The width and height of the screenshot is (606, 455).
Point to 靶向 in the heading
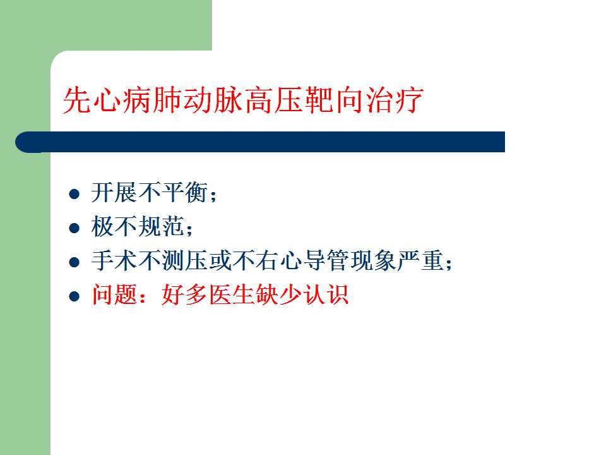tap(333, 100)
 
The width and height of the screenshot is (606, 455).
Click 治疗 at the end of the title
tap(393, 100)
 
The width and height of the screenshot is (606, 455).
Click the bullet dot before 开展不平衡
tap(74, 193)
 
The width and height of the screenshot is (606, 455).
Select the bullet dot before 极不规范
tap(74, 227)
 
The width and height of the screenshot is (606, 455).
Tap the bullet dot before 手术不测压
tap(74, 262)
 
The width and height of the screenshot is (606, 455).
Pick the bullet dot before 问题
tap(74, 296)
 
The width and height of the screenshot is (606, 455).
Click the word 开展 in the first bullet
tap(114, 192)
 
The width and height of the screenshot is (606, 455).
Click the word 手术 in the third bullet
tap(114, 260)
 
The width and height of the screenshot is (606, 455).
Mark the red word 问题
tap(114, 295)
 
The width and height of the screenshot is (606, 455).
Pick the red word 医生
tap(232, 295)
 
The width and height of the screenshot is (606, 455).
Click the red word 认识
tap(326, 295)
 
